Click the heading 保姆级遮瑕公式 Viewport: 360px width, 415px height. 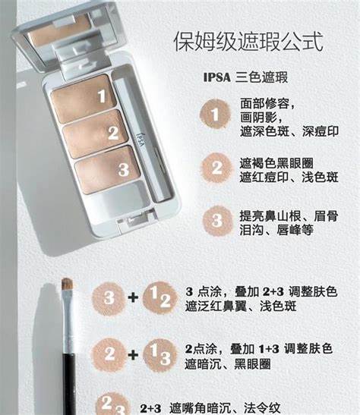tap(248, 42)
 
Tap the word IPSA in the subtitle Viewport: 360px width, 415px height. tap(217, 77)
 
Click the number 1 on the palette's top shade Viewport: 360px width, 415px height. tap(102, 96)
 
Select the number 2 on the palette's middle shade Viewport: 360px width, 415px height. tap(113, 133)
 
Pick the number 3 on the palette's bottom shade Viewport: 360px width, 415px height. tap(124, 169)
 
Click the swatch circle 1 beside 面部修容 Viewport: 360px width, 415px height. tap(215, 115)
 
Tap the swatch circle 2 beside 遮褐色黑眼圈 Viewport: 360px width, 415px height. tap(216, 168)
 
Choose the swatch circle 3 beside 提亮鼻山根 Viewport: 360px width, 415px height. tap(217, 221)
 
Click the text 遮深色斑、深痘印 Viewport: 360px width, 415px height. tap(289, 131)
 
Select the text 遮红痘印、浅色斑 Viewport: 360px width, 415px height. tap(289, 177)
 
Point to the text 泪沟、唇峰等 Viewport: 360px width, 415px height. tap(276, 230)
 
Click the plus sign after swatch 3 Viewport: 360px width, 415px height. tap(133, 297)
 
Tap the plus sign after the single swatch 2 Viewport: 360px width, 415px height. tap(133, 354)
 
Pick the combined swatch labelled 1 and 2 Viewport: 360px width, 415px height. tap(159, 297)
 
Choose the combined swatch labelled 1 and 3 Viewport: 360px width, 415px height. tap(159, 355)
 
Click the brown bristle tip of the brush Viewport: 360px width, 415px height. tap(67, 283)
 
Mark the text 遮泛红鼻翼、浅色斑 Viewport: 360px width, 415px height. tap(241, 307)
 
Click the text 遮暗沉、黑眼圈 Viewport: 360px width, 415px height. tap(228, 364)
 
